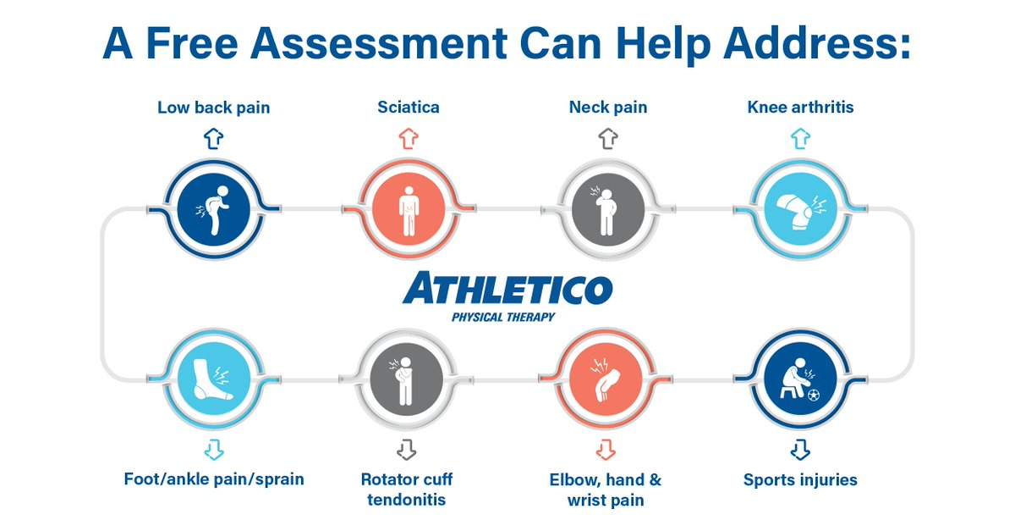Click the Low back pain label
pyautogui.click(x=213, y=108)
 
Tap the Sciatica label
pyautogui.click(x=409, y=108)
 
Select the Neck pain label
pyautogui.click(x=607, y=108)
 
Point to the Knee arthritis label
pyautogui.click(x=800, y=108)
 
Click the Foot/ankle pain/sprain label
pyautogui.click(x=213, y=479)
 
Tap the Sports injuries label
pyautogui.click(x=800, y=480)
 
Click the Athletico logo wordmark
pyautogui.click(x=507, y=290)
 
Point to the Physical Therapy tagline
pyautogui.click(x=503, y=318)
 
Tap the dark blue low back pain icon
pyautogui.click(x=213, y=208)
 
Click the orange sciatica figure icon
pyautogui.click(x=409, y=208)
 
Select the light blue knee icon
pyautogui.click(x=801, y=208)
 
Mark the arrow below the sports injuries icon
pyautogui.click(x=801, y=447)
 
